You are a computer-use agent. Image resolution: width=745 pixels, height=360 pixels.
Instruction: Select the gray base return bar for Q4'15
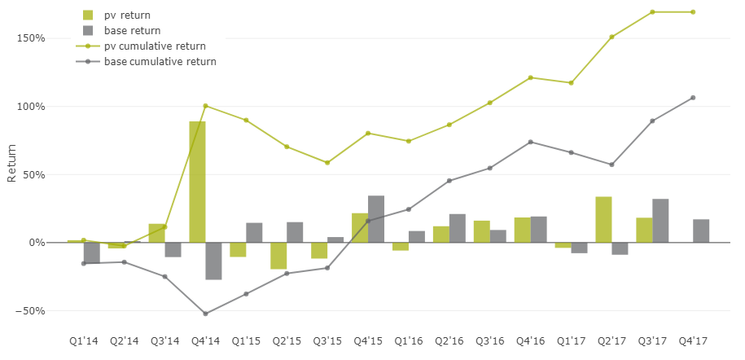pyautogui.click(x=376, y=219)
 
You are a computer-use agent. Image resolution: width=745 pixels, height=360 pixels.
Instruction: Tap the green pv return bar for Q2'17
pyautogui.click(x=603, y=219)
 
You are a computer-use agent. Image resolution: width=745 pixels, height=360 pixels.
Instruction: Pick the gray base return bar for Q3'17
pyautogui.click(x=660, y=221)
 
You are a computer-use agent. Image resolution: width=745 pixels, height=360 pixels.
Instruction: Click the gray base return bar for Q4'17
pyautogui.click(x=701, y=230)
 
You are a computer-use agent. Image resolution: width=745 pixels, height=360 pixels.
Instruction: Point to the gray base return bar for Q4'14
pyautogui.click(x=213, y=261)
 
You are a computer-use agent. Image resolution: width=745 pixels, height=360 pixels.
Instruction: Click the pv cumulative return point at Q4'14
pyautogui.click(x=205, y=106)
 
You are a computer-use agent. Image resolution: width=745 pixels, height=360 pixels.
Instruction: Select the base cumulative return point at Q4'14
pyautogui.click(x=205, y=314)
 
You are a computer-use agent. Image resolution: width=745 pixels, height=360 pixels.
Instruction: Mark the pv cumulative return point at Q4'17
pyautogui.click(x=693, y=12)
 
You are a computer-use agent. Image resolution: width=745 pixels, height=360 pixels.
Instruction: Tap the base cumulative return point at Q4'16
pyautogui.click(x=530, y=142)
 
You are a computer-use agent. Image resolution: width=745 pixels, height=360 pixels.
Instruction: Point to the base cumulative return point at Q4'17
pyautogui.click(x=693, y=98)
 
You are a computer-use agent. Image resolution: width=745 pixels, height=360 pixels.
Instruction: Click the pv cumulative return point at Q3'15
pyautogui.click(x=327, y=163)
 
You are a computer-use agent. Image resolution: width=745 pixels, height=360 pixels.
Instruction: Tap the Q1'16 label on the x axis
pyautogui.click(x=409, y=340)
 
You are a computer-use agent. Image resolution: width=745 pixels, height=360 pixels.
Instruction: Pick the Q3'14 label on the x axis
pyautogui.click(x=164, y=340)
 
